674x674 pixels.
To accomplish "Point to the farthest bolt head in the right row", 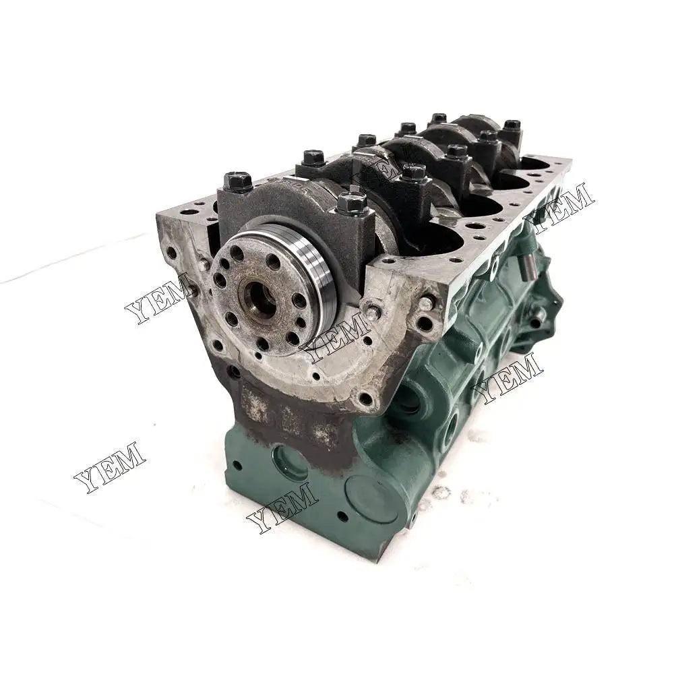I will (512, 125).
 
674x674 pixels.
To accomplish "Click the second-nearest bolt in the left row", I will (313, 158).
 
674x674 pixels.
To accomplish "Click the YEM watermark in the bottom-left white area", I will (109, 466).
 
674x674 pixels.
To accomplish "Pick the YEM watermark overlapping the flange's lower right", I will (337, 335).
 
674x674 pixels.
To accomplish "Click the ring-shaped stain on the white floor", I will (441, 493).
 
